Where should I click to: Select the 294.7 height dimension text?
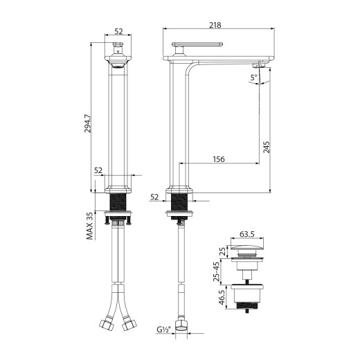click(87, 127)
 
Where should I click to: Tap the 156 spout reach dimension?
click(217, 159)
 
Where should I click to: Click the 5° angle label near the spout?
click(255, 78)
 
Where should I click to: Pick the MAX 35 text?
click(90, 226)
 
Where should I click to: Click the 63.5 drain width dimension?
click(246, 235)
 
